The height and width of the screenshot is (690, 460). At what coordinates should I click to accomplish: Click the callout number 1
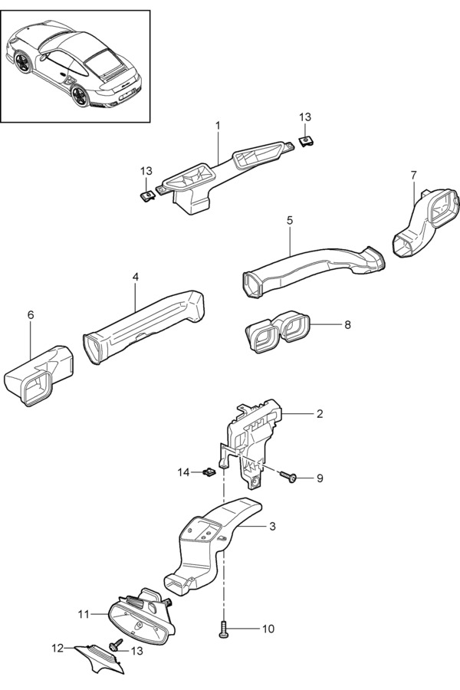pos(218,124)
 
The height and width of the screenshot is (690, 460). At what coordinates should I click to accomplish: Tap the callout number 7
pos(413,176)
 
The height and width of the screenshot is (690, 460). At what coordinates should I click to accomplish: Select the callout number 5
pos(290,220)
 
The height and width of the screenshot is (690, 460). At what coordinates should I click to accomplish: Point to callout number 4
pos(135,277)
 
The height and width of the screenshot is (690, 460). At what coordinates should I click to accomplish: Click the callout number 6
pos(31,315)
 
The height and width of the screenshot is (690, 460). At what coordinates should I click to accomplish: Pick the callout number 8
pos(347,325)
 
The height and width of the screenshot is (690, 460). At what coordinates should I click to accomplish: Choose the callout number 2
pos(320,414)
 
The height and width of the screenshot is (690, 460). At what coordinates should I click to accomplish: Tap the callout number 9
pos(320,478)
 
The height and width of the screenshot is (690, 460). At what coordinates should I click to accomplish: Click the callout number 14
pos(183,473)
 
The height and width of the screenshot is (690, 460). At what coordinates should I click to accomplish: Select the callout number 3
pos(272,527)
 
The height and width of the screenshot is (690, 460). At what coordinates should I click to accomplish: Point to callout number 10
pos(268,629)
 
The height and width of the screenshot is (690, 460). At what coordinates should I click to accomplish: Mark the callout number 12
pos(58,648)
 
